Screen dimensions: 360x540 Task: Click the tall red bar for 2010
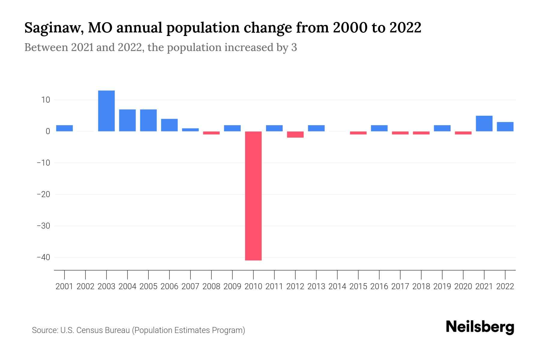[253, 196]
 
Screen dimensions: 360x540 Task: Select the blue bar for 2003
[106, 111]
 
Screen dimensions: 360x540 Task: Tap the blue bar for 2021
[484, 123]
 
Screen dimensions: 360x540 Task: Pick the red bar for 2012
[295, 134]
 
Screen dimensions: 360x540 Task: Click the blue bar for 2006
[169, 125]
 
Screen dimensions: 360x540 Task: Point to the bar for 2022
[505, 127]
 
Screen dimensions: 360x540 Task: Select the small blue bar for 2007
[190, 130]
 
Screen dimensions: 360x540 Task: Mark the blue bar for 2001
[64, 128]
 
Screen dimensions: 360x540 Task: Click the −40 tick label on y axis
[43, 257]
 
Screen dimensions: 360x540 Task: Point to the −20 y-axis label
[43, 194]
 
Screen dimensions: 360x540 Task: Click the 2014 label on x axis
[337, 286]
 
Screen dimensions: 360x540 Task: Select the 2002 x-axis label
[85, 286]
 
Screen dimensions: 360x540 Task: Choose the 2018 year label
[421, 286]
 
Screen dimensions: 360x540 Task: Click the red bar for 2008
[211, 133]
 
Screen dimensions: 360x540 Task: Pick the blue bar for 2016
[379, 128]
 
